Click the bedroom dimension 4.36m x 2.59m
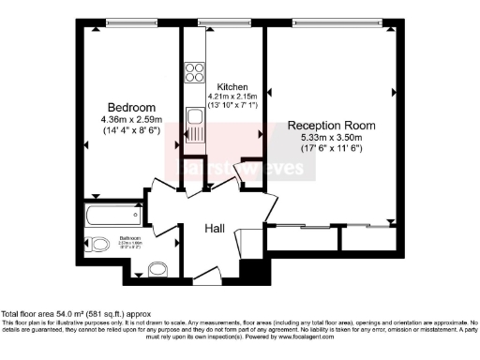click(x=130, y=118)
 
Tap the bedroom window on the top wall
click(x=129, y=24)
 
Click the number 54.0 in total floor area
click(x=67, y=314)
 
